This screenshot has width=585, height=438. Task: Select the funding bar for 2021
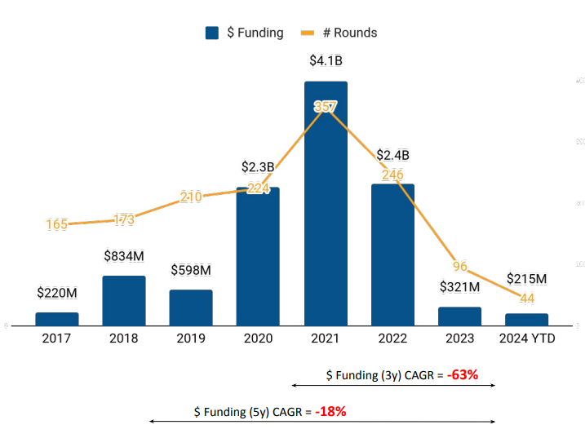(x=326, y=204)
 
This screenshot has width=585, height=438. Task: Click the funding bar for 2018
(x=124, y=301)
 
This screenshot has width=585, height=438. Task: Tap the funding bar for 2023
(x=459, y=316)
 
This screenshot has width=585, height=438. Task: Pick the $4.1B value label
(x=326, y=60)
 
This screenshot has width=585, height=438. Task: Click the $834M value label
(x=124, y=256)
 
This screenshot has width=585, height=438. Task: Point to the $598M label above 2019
(x=191, y=270)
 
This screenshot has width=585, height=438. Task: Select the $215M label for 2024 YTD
(x=526, y=279)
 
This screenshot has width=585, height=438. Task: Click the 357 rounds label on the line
(x=326, y=107)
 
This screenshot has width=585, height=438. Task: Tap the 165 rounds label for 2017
(x=57, y=224)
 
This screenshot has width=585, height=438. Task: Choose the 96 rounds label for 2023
(x=460, y=267)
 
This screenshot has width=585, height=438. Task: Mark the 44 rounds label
(x=526, y=299)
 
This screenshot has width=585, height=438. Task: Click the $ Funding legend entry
(x=245, y=33)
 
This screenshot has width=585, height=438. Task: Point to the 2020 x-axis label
(x=258, y=338)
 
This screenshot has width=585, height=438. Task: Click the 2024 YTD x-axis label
(x=526, y=338)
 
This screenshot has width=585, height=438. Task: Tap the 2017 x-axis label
(x=57, y=338)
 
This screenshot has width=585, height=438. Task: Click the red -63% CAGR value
(x=462, y=375)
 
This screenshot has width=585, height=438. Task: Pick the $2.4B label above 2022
(x=392, y=155)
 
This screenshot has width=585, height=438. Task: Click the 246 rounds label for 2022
(x=392, y=175)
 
